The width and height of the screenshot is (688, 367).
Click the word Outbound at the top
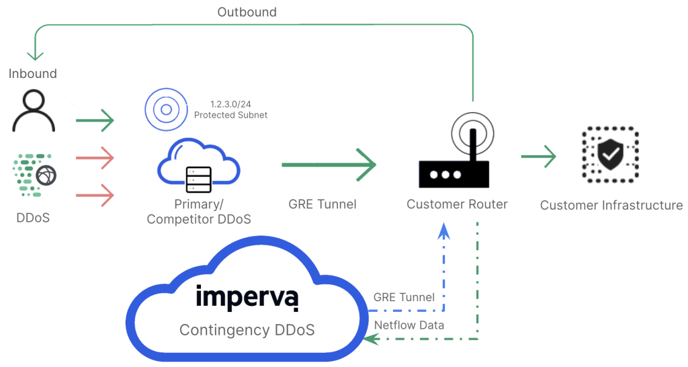[x=247, y=12]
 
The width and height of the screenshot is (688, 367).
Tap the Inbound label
[x=33, y=73]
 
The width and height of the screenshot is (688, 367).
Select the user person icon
[x=34, y=111]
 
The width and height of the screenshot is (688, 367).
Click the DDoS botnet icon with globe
[x=35, y=175]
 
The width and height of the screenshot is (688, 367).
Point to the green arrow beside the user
[x=95, y=120]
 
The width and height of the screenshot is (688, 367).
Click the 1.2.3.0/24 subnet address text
[x=230, y=104]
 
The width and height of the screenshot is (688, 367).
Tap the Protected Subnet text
[x=231, y=115]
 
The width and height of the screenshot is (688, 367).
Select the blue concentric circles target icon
[x=167, y=110]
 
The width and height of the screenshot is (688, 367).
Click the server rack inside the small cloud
[x=199, y=179]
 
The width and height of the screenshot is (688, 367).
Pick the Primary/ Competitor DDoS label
[x=199, y=212]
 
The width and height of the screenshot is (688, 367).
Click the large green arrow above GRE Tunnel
[x=329, y=165]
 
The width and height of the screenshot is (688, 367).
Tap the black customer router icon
[x=454, y=150]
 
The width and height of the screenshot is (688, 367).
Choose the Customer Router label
[x=457, y=204]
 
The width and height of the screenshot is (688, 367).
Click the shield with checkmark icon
[x=610, y=155]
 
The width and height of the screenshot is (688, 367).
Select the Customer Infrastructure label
[x=611, y=205]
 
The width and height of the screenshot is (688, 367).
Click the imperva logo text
[x=247, y=297]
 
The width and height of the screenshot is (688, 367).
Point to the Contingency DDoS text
[x=247, y=329]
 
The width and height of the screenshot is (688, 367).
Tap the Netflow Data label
[x=409, y=325]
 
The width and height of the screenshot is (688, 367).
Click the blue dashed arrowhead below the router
[x=444, y=231]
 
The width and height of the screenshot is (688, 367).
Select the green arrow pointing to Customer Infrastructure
[x=539, y=157]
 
